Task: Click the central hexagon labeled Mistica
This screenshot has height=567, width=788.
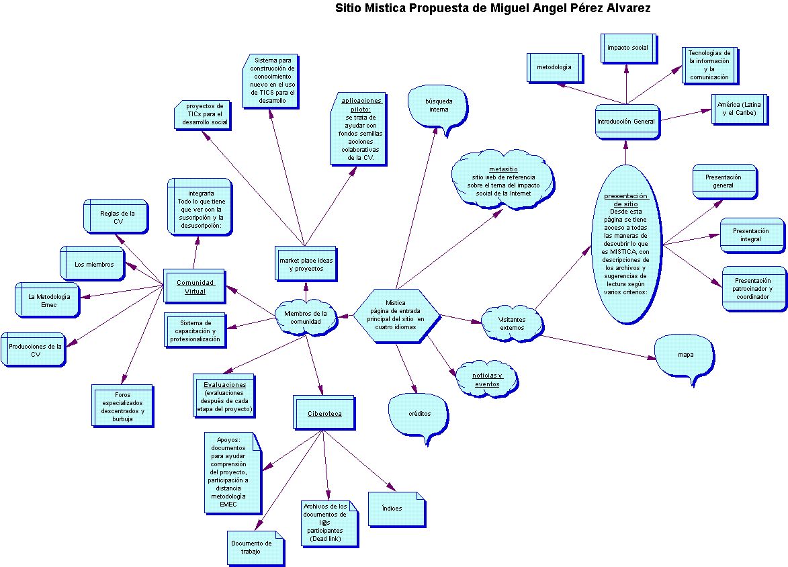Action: click(396, 316)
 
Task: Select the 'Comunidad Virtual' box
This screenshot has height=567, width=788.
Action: click(195, 286)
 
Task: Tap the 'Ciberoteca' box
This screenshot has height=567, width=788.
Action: click(324, 413)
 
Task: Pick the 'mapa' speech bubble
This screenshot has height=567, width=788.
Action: click(685, 356)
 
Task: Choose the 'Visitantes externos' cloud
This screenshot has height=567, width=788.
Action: click(512, 324)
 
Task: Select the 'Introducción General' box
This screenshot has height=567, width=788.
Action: click(626, 122)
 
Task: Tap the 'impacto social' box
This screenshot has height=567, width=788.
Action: click(628, 48)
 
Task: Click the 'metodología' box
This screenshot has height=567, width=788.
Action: click(554, 67)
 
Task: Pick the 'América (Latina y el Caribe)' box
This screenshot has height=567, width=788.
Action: click(739, 109)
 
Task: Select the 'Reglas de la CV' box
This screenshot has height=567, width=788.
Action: click(116, 216)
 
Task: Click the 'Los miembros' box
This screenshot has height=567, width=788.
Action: click(93, 263)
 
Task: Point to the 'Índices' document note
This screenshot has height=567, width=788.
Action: click(396, 509)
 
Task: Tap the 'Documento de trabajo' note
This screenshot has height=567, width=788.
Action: click(255, 548)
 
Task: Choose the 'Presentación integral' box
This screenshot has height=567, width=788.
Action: click(752, 235)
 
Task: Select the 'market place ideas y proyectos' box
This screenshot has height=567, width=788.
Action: click(306, 264)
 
